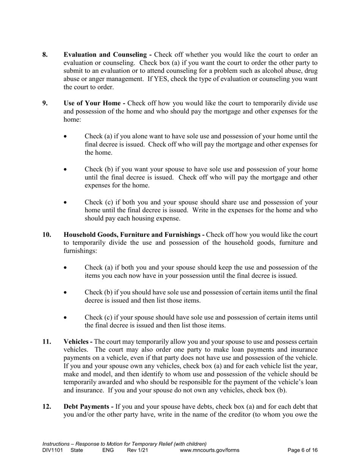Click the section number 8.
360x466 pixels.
click(x=45, y=55)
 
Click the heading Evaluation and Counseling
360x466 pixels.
click(x=106, y=55)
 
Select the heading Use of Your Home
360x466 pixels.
click(x=92, y=103)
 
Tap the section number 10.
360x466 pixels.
click(x=47, y=235)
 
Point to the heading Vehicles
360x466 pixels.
click(x=77, y=342)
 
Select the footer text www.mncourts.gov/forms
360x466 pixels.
click(x=210, y=450)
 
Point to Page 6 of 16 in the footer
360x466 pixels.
click(x=302, y=450)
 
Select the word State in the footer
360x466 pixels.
click(x=77, y=450)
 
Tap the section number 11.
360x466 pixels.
click(x=47, y=342)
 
